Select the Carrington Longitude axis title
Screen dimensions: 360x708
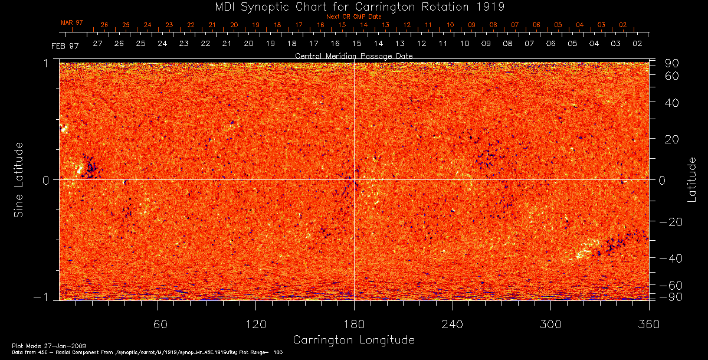tap(353, 340)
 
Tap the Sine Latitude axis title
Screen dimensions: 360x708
tap(19, 179)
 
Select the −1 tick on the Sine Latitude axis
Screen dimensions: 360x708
tap(48, 297)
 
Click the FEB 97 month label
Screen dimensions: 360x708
tap(65, 45)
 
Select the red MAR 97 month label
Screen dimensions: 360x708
tap(72, 22)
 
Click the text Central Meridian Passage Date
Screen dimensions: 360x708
tap(353, 55)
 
